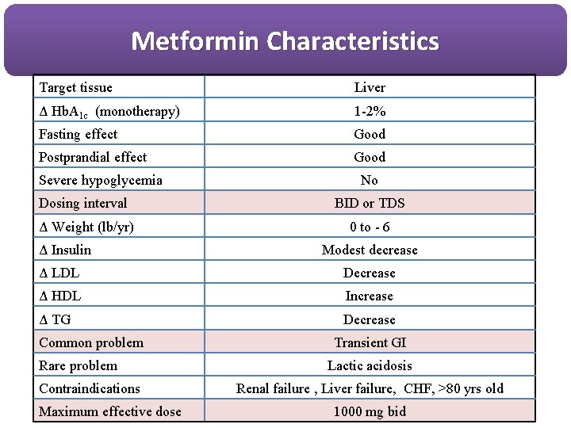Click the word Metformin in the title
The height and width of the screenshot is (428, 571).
(195, 40)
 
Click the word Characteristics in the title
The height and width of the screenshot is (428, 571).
(353, 40)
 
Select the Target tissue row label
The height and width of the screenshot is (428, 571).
(75, 88)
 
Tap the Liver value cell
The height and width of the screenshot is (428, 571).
(370, 87)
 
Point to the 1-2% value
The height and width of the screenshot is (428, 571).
(370, 111)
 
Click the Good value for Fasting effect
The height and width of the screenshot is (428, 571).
(370, 134)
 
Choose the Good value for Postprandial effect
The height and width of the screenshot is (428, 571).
(370, 157)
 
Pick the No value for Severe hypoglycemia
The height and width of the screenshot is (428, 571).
(370, 180)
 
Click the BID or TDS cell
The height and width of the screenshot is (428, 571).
(370, 203)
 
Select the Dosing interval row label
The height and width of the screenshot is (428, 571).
(82, 204)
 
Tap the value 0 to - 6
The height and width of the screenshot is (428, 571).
(370, 227)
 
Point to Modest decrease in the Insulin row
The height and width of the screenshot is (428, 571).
(370, 250)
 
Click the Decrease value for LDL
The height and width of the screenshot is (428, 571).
(370, 273)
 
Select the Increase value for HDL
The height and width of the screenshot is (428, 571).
(370, 296)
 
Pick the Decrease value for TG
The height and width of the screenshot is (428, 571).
(370, 319)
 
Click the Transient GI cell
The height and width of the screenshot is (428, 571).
(370, 342)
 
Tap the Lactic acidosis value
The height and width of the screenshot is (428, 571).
(370, 365)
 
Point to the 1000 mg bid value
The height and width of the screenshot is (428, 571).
(370, 411)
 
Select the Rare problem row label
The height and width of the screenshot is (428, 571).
(78, 366)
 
